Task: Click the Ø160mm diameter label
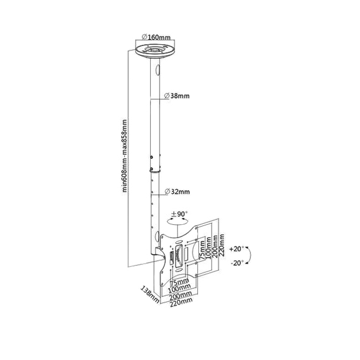pos(156,37)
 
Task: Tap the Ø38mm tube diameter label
pos(177,96)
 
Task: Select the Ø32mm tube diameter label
pos(177,191)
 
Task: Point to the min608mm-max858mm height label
pos(125,156)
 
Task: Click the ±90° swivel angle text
pos(179,214)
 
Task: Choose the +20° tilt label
pos(236,249)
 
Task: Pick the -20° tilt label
pos(237,263)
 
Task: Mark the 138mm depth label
pos(150,294)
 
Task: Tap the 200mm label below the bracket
pos(181,297)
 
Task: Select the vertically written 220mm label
pos(222,245)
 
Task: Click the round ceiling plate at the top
pos(155,51)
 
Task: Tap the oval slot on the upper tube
pos(157,70)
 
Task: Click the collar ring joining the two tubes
pos(155,171)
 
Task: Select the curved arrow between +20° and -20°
pos(250,255)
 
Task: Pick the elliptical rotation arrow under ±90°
pos(178,221)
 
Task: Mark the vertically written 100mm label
pos(209,248)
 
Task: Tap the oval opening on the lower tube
pos(157,236)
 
